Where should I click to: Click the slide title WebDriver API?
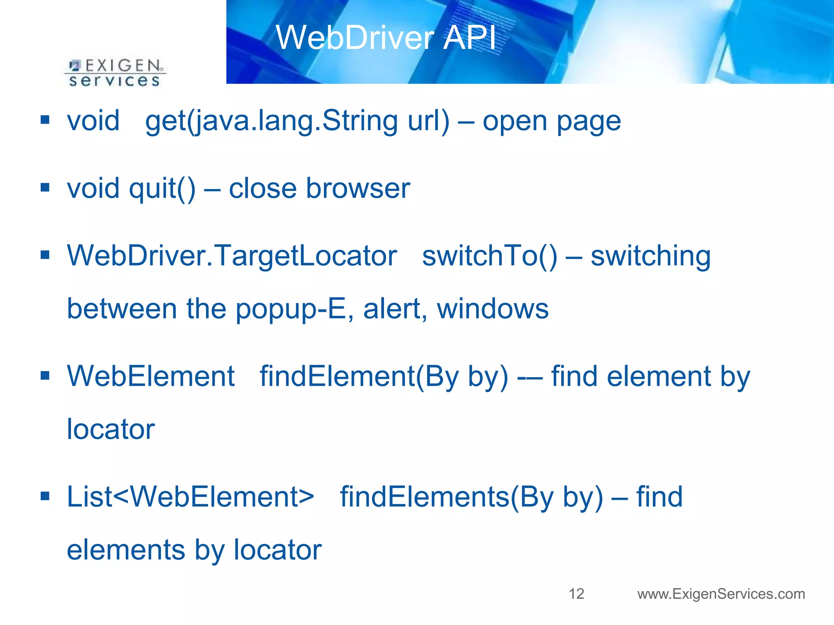(x=386, y=37)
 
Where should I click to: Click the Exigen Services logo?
(x=115, y=73)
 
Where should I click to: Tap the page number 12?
(x=576, y=594)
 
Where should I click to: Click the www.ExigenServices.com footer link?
(x=721, y=594)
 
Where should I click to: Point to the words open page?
(x=551, y=121)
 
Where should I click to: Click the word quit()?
(x=162, y=189)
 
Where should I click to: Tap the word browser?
(x=358, y=189)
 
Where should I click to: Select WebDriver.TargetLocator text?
(x=232, y=256)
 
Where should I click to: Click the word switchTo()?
(x=489, y=256)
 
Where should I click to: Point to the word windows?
(x=493, y=309)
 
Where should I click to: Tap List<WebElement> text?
(x=190, y=497)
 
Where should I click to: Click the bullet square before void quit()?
(x=45, y=188)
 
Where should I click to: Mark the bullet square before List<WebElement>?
(x=45, y=496)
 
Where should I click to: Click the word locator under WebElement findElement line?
(x=111, y=429)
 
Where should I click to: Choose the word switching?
(x=650, y=256)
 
